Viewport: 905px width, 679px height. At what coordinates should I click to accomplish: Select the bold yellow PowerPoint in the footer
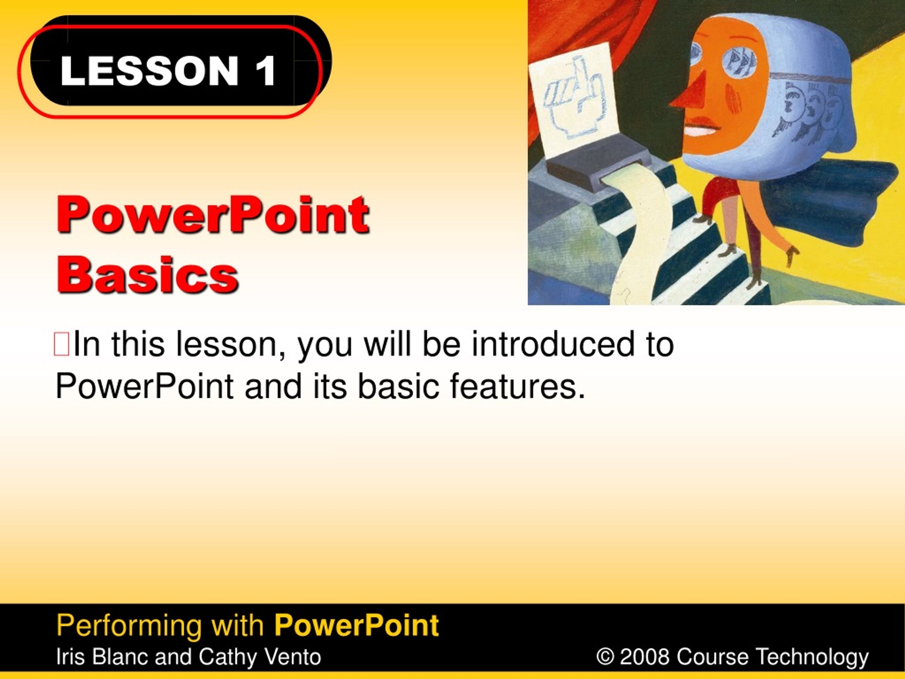click(x=356, y=625)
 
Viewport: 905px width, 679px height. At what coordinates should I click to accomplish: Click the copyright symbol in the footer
click(x=605, y=657)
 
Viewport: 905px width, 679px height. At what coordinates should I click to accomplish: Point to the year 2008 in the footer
click(x=644, y=657)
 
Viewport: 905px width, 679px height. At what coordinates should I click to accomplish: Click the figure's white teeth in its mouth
click(x=700, y=131)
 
